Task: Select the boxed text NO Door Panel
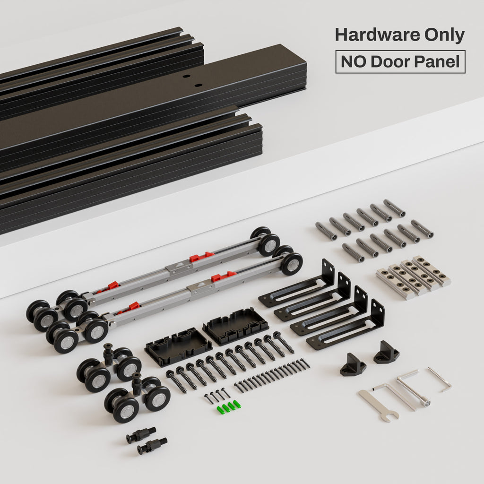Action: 400,62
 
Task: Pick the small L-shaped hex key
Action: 440,379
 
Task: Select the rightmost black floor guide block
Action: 386,353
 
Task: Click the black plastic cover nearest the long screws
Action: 178,346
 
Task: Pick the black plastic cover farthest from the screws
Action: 235,326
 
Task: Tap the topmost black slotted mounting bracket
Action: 297,284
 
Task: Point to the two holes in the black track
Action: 192,80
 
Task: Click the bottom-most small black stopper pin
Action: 152,445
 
